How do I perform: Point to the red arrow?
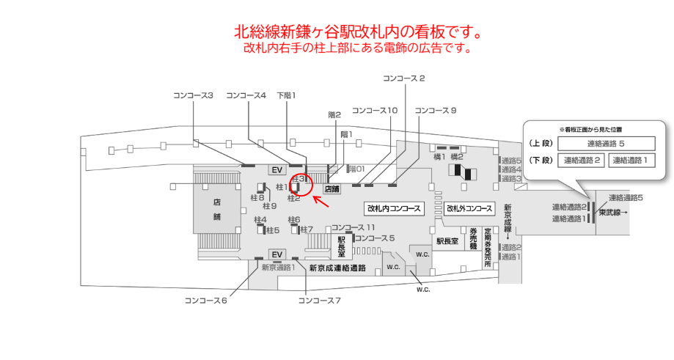pyautogui.click(x=320, y=201)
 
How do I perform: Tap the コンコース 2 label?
pyautogui.click(x=403, y=78)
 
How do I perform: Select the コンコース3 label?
pyautogui.click(x=193, y=95)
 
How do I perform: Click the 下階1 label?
pyautogui.click(x=286, y=95)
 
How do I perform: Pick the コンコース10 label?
pyautogui.click(x=375, y=111)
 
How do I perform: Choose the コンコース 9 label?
pyautogui.click(x=436, y=111)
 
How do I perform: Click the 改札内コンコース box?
pyautogui.click(x=393, y=209)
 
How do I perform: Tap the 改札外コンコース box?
pyautogui.click(x=469, y=209)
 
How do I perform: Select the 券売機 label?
pyautogui.click(x=473, y=239)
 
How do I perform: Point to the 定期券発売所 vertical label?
pyautogui.click(x=488, y=247)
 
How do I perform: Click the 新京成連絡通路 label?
pyautogui.click(x=337, y=268)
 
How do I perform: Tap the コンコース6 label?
pyautogui.click(x=206, y=301)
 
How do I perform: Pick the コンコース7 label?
pyautogui.click(x=319, y=301)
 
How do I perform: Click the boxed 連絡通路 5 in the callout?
pyautogui.click(x=606, y=144)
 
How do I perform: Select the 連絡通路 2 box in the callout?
pyautogui.click(x=581, y=161)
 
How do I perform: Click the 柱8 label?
pyautogui.click(x=257, y=198)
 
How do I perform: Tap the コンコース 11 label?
pyautogui.click(x=353, y=228)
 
